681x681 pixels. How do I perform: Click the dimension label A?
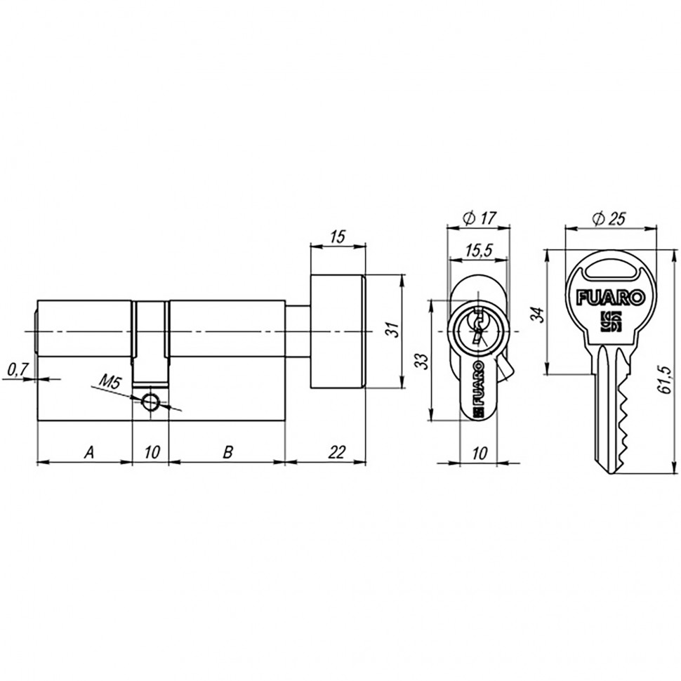tap(88, 453)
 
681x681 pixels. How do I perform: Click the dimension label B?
tap(227, 453)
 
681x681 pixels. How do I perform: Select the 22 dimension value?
tap(337, 453)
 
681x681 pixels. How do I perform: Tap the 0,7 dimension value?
tap(17, 367)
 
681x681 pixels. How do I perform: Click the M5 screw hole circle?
tap(150, 401)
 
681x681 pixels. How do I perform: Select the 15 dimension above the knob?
tap(338, 237)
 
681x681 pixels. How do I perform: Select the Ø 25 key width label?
tap(609, 218)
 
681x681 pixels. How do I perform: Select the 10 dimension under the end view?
tap(480, 454)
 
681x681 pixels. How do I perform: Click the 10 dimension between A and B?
tap(150, 453)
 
